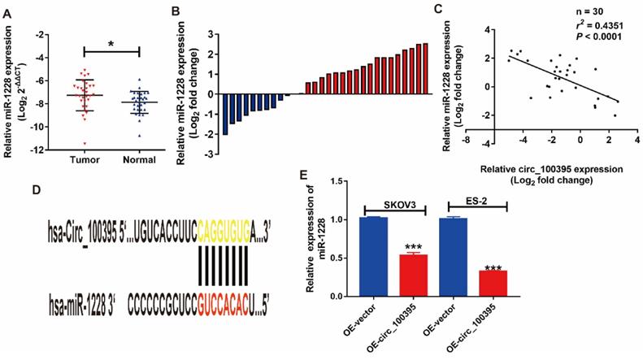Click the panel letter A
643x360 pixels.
7,11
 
